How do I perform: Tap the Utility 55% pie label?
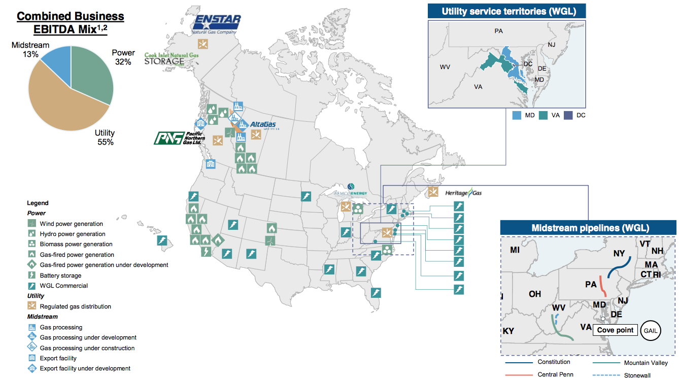(x=105, y=137)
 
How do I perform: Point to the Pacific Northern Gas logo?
(x=179, y=137)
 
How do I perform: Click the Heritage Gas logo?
(x=463, y=193)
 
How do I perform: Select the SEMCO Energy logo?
(x=350, y=191)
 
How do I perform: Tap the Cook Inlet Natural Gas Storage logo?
(x=172, y=59)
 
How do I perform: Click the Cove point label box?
(x=615, y=330)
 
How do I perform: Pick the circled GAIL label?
(x=651, y=330)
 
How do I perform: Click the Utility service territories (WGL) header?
(x=508, y=11)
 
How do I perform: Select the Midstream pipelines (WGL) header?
(x=590, y=228)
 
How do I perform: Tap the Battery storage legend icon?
(x=31, y=275)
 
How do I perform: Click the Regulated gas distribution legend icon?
(x=31, y=306)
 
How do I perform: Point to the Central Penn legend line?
(x=518, y=374)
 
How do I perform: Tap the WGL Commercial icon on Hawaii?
(x=162, y=240)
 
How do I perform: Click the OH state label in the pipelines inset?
(x=535, y=294)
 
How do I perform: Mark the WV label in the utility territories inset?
(x=445, y=67)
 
